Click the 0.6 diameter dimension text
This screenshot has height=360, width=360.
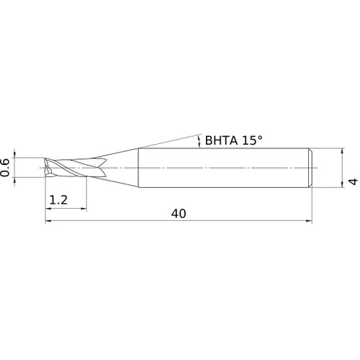click(x=7, y=166)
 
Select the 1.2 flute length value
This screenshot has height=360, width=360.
click(x=60, y=199)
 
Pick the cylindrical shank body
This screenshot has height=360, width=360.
click(x=223, y=167)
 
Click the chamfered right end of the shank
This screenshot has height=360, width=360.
click(x=310, y=167)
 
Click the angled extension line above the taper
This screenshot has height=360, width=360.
click(x=166, y=141)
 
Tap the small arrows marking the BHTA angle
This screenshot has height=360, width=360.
click(x=199, y=140)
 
